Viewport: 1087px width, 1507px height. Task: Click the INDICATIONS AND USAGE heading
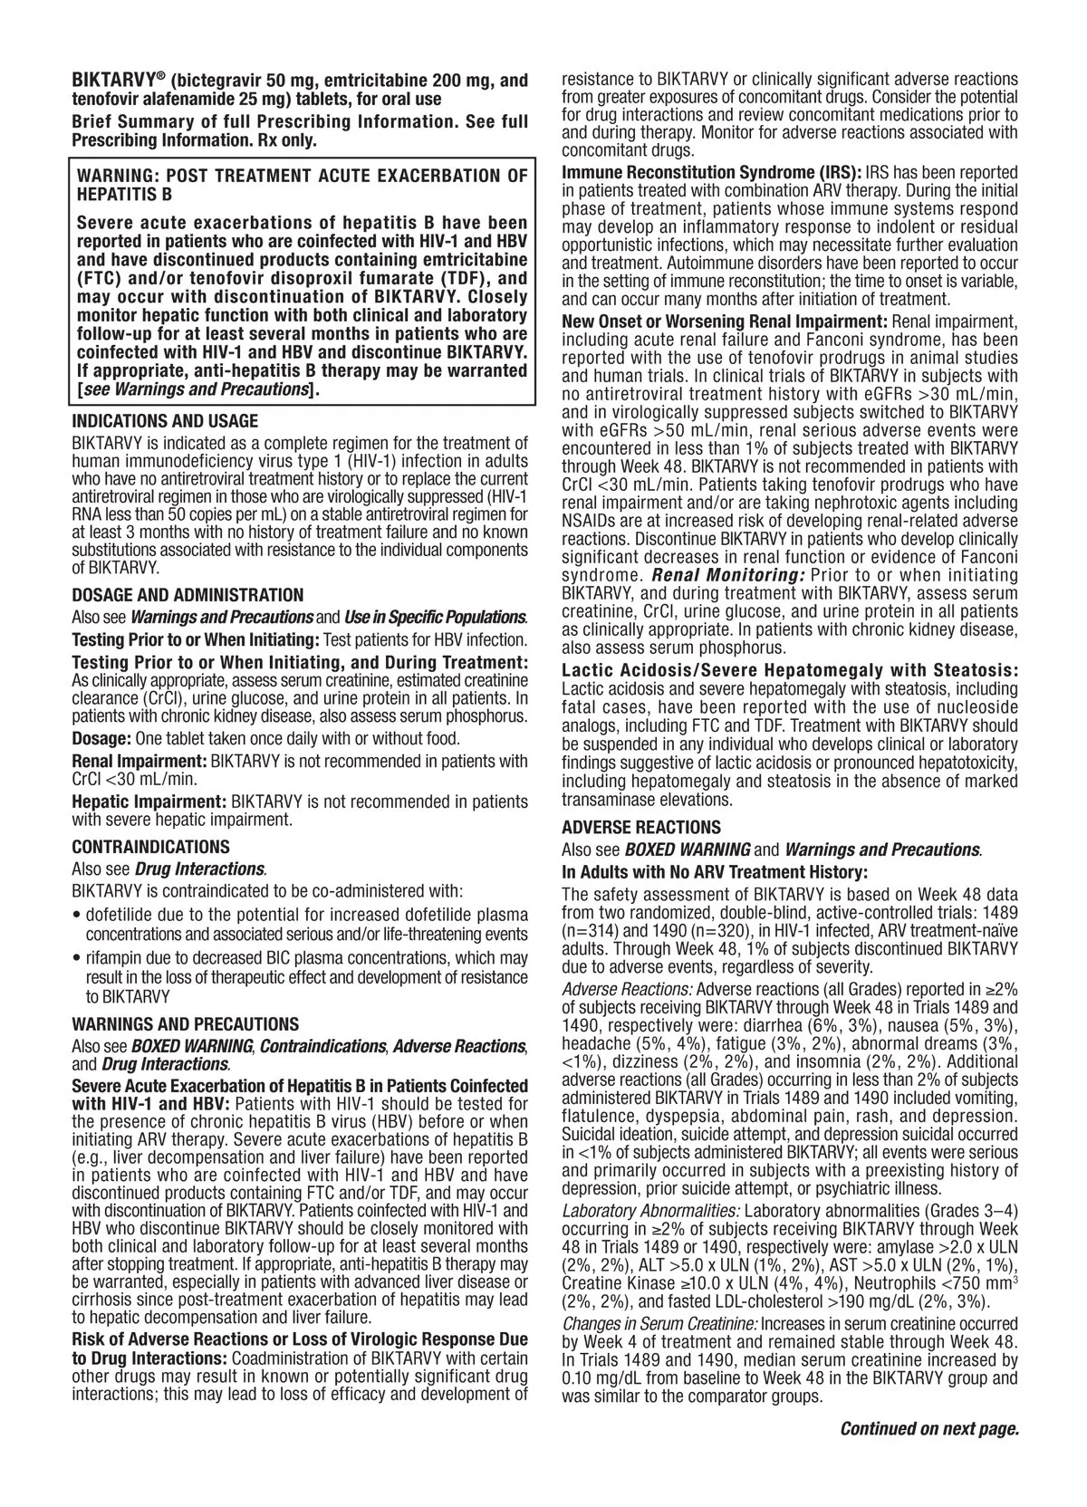tap(164, 421)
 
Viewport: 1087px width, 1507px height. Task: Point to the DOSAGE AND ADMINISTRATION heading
tap(188, 595)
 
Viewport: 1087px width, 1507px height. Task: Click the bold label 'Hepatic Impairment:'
tap(149, 801)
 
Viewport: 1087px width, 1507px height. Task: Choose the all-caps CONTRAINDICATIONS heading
tap(150, 847)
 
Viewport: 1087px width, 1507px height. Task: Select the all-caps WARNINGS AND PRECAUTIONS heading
tap(185, 1024)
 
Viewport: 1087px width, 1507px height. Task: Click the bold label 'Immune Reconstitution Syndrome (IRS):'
tap(712, 172)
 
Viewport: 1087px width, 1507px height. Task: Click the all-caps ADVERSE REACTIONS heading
tap(641, 827)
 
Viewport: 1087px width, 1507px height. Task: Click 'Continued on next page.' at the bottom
tap(929, 1429)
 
